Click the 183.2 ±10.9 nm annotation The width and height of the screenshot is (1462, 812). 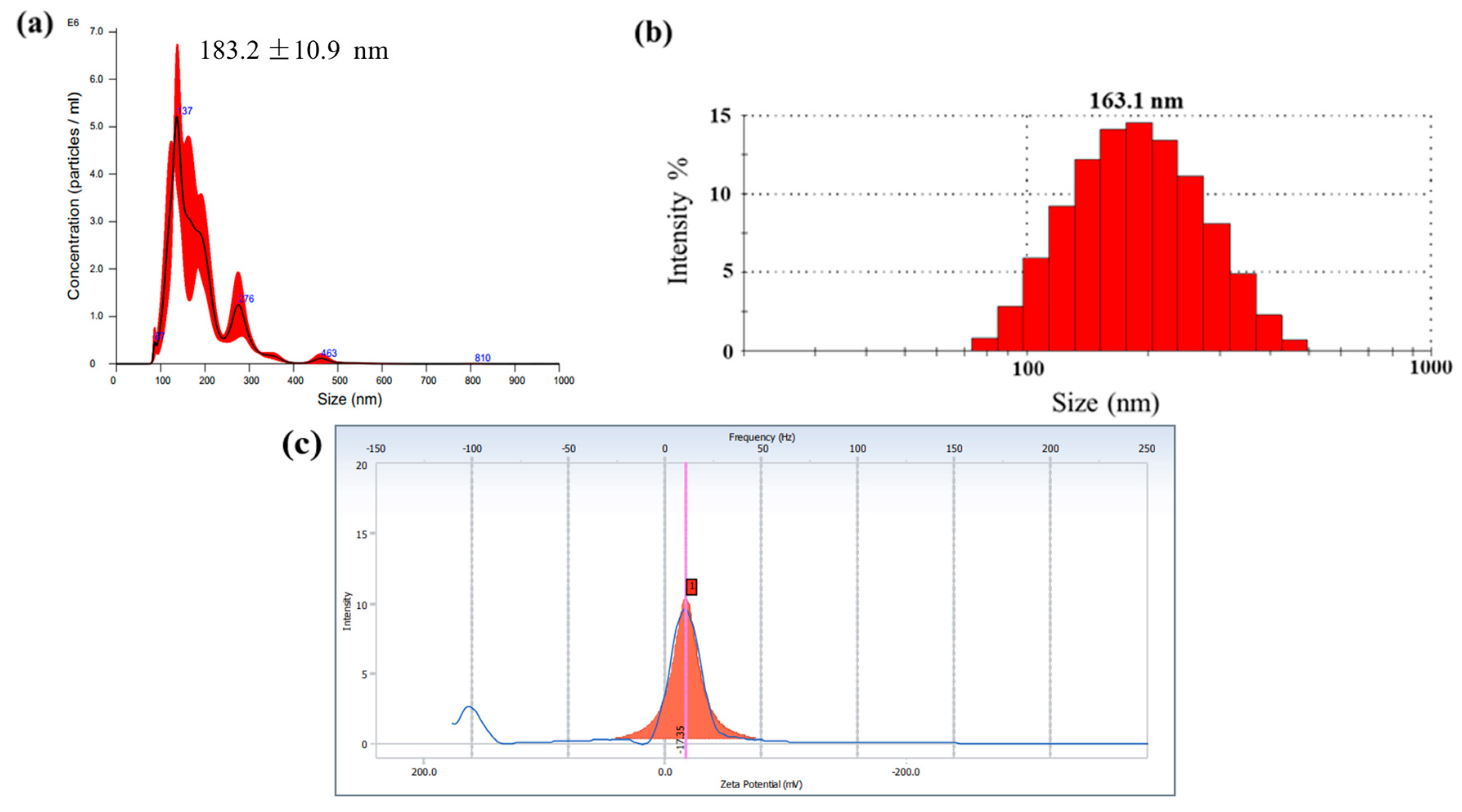[x=293, y=51]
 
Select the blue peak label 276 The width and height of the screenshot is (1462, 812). [x=246, y=299]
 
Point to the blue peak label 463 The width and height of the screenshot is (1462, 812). [x=329, y=353]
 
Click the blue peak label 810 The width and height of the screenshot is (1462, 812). [x=483, y=358]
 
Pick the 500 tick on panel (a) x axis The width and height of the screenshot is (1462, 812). [x=339, y=380]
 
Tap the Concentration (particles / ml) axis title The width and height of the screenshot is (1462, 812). [x=74, y=196]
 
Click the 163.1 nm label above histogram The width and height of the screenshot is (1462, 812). [x=1136, y=101]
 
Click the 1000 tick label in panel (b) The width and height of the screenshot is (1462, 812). [x=1430, y=367]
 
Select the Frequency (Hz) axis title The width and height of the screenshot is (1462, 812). [x=761, y=437]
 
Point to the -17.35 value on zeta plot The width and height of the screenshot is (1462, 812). [x=680, y=739]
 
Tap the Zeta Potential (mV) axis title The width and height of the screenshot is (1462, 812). [x=761, y=784]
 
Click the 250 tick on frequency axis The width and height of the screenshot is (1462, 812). [x=1146, y=449]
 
